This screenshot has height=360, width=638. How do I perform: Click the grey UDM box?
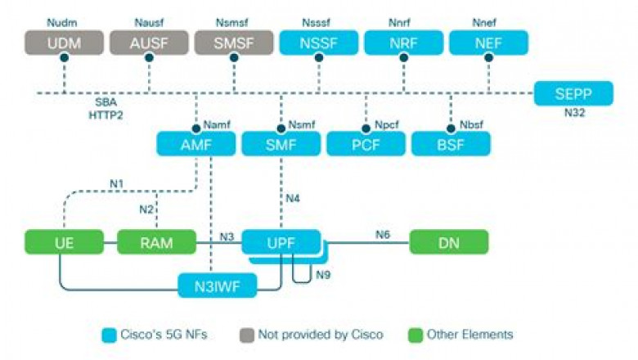pyautogui.click(x=64, y=43)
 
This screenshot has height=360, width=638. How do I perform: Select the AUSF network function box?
pyautogui.click(x=149, y=43)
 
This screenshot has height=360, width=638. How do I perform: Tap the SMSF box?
pyautogui.click(x=234, y=43)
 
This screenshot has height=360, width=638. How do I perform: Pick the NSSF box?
pyautogui.click(x=319, y=43)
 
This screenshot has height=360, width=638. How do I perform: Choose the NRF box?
pyautogui.click(x=404, y=43)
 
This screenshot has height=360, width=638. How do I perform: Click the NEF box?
pyautogui.click(x=489, y=43)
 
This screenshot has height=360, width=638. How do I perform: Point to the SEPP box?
pyautogui.click(x=573, y=93)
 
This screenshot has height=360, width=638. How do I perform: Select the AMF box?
pyautogui.click(x=196, y=144)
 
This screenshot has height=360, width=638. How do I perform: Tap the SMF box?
pyautogui.click(x=281, y=144)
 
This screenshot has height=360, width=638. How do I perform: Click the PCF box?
pyautogui.click(x=366, y=144)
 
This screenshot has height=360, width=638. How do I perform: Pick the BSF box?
pyautogui.click(x=452, y=144)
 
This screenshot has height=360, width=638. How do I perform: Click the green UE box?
pyautogui.click(x=64, y=241)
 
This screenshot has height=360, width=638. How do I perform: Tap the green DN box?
pyautogui.click(x=448, y=241)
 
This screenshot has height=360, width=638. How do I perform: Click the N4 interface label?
pyautogui.click(x=293, y=198)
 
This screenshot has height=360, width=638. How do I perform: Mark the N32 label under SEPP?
pyautogui.click(x=573, y=114)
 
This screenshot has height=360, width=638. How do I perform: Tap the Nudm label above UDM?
pyautogui.click(x=64, y=20)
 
